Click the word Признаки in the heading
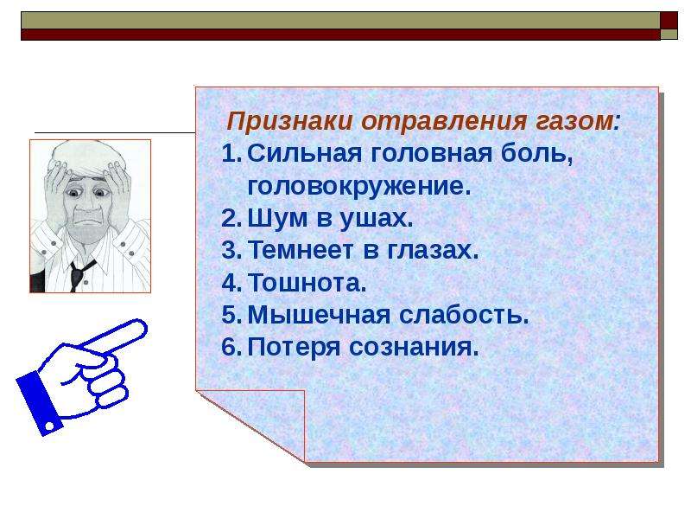tap(289, 121)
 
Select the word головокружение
tap(359, 186)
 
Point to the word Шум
tap(277, 219)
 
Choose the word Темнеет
tap(301, 250)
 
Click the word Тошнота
tap(307, 283)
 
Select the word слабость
tap(464, 315)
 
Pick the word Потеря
tap(295, 348)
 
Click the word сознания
tap(414, 348)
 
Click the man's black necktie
tap(79, 274)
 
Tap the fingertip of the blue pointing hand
tap(140, 327)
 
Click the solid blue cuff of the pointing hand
tap(39, 403)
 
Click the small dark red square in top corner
tap(669, 20)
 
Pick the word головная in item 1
tap(431, 155)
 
